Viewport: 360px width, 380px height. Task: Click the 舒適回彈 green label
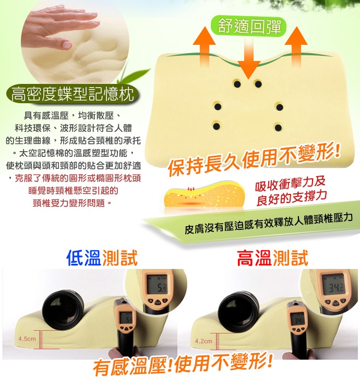click(249, 26)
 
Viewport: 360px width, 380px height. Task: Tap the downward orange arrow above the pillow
click(248, 58)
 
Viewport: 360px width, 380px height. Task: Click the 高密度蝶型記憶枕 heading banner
click(73, 94)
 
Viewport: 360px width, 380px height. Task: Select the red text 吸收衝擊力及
click(290, 183)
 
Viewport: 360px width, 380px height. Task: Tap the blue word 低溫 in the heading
click(83, 258)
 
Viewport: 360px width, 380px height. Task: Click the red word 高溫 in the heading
click(255, 258)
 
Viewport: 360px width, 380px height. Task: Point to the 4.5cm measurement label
click(27, 338)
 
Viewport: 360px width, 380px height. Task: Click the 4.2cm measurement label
click(203, 341)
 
